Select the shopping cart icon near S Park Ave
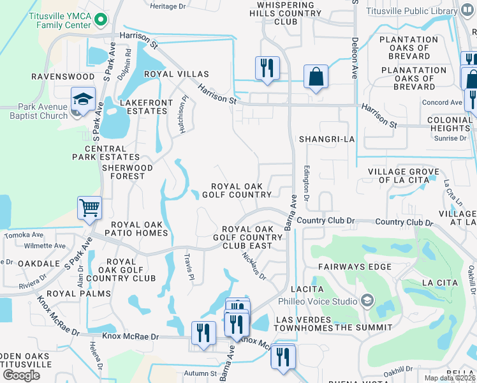[89, 207]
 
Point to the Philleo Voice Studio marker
[367, 300]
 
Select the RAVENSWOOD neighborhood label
[62, 77]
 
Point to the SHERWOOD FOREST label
[128, 172]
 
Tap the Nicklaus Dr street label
[254, 264]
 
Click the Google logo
[22, 375]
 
